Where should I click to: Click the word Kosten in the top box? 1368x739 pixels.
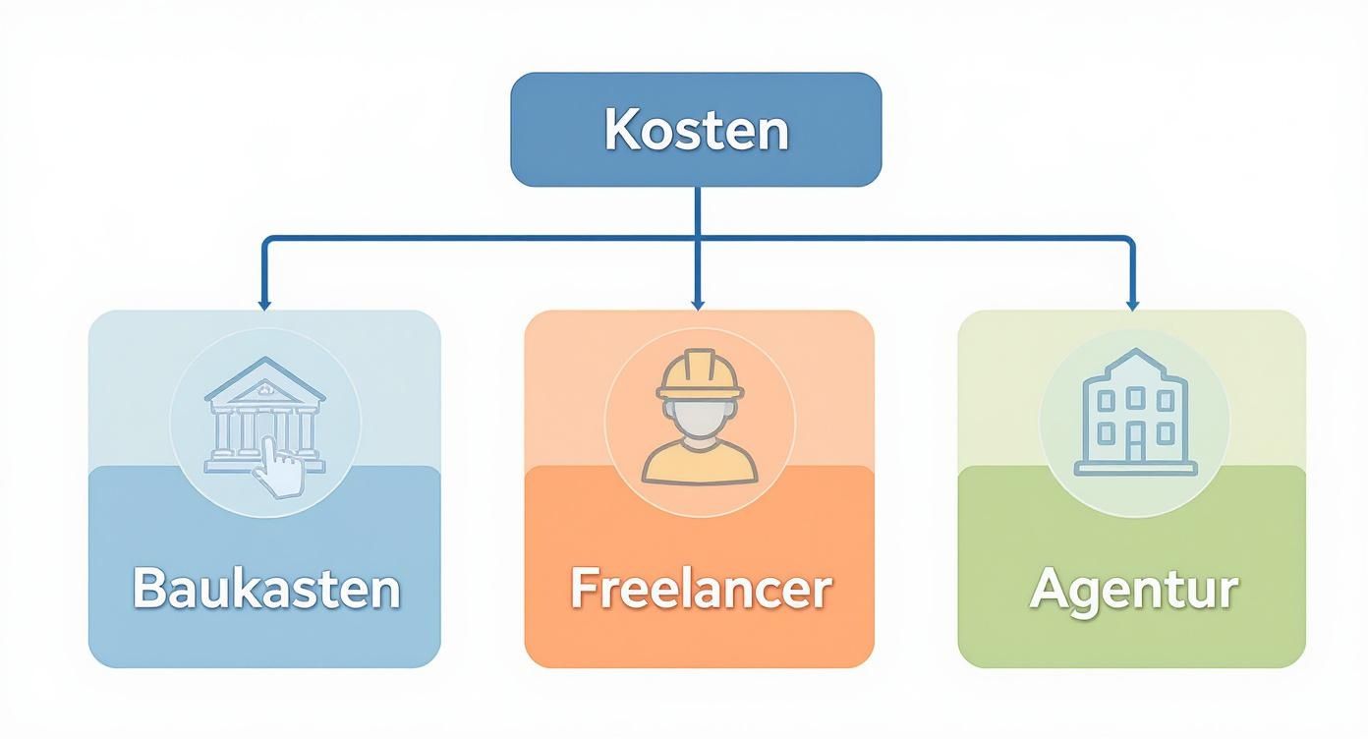pos(696,130)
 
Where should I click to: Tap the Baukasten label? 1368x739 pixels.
pos(266,589)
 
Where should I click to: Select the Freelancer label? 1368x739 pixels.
pos(701,589)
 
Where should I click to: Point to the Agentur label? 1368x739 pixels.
pos(1133,589)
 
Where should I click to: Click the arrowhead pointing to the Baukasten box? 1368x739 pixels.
pos(264,305)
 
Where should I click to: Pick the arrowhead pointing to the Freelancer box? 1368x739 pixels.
pos(697,305)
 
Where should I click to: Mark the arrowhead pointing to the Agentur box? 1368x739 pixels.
pos(1131,305)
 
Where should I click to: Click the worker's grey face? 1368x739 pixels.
pos(700,418)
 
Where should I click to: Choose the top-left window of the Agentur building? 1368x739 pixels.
pos(1105,399)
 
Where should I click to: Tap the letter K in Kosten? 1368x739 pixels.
pos(618,130)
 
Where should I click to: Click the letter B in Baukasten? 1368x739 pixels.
pos(147,588)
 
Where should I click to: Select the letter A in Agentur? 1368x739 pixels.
pos(1051,589)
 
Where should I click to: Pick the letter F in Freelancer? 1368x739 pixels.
pos(586,588)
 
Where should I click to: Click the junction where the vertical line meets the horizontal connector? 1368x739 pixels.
pos(697,237)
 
